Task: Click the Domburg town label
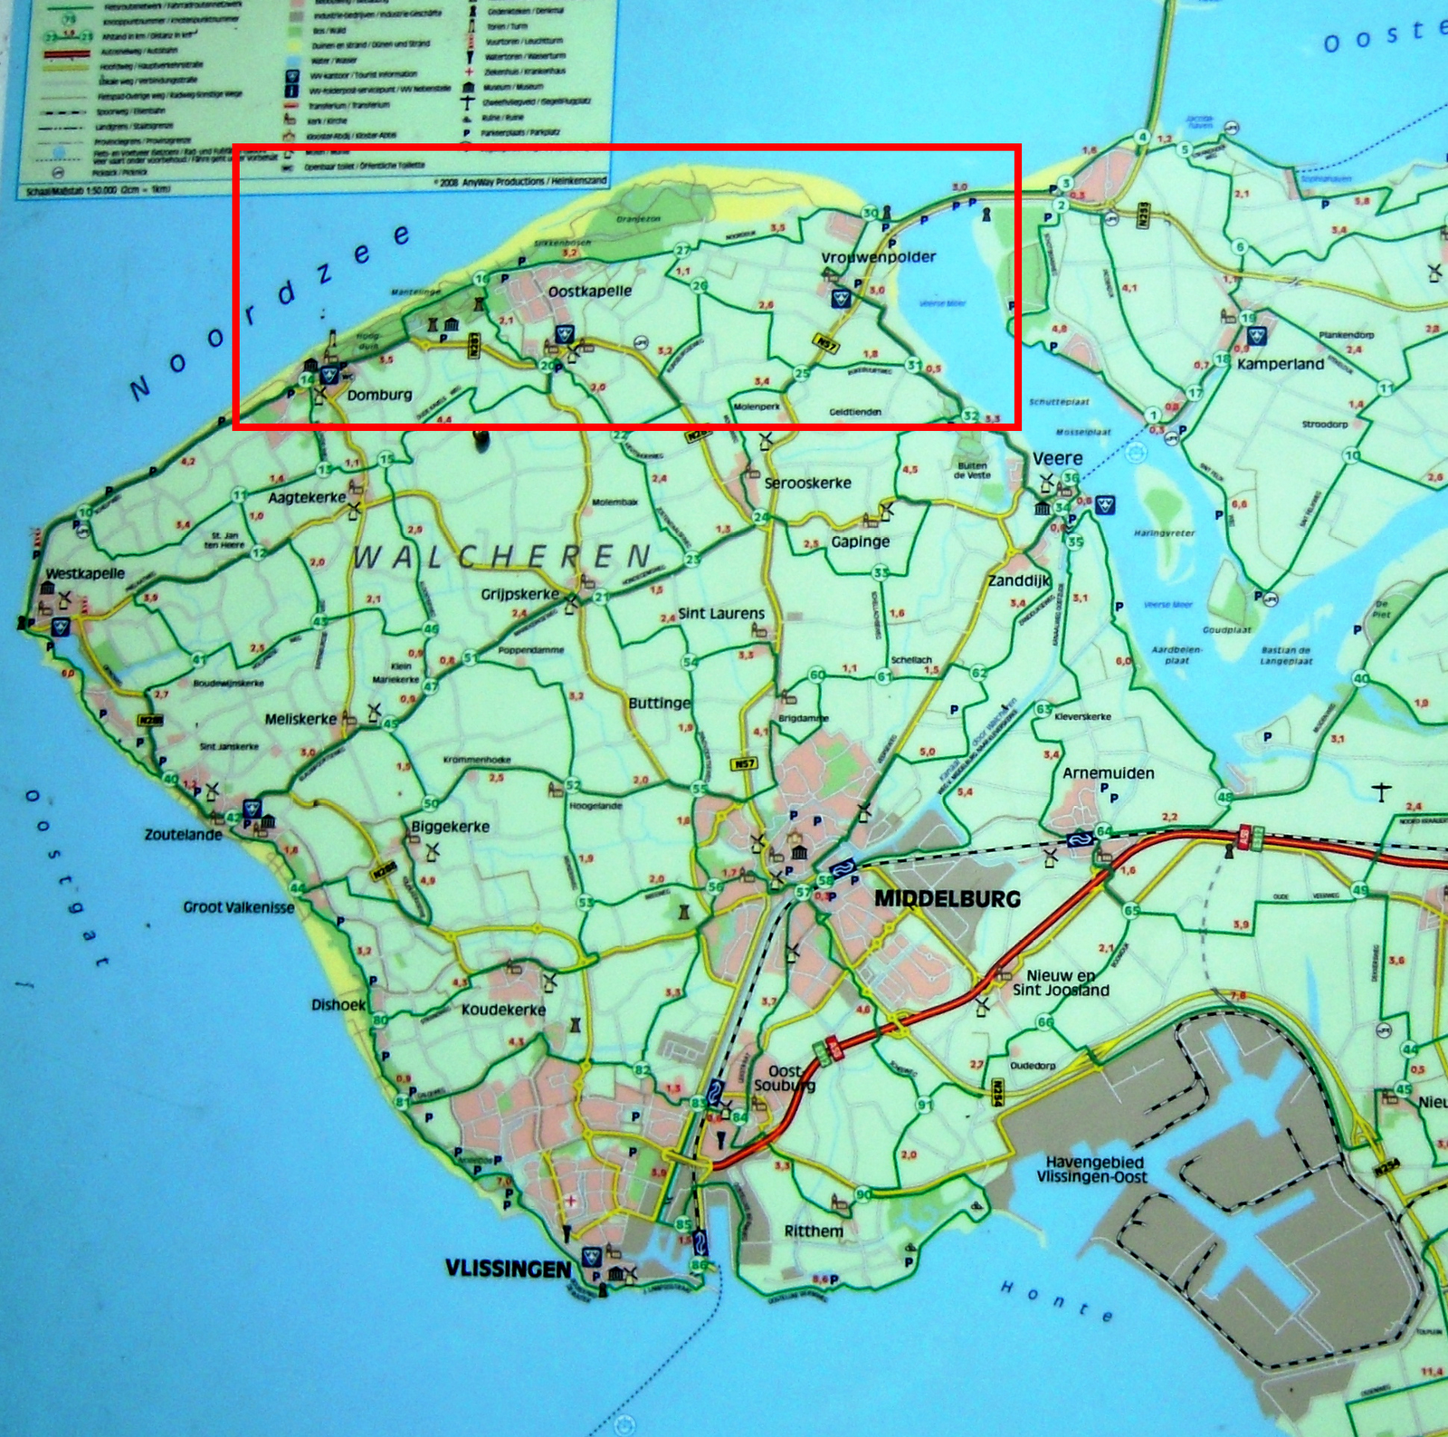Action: [x=379, y=395]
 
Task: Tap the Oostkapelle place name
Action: [x=590, y=292]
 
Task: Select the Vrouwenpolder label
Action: [x=878, y=257]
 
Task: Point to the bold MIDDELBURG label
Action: [x=947, y=899]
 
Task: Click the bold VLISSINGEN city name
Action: [x=508, y=1269]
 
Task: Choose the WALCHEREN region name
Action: [x=501, y=556]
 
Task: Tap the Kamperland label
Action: [x=1280, y=364]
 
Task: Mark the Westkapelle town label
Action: [x=85, y=573]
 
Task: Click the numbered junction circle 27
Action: [x=682, y=251]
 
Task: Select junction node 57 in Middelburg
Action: [x=802, y=893]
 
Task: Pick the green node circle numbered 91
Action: [x=924, y=1105]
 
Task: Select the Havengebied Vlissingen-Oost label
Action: [x=1095, y=1169]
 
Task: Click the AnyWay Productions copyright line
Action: [x=519, y=181]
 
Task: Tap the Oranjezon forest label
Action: [x=638, y=219]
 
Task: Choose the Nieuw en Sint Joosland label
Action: [x=1061, y=982]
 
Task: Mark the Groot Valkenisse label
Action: [x=239, y=906]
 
